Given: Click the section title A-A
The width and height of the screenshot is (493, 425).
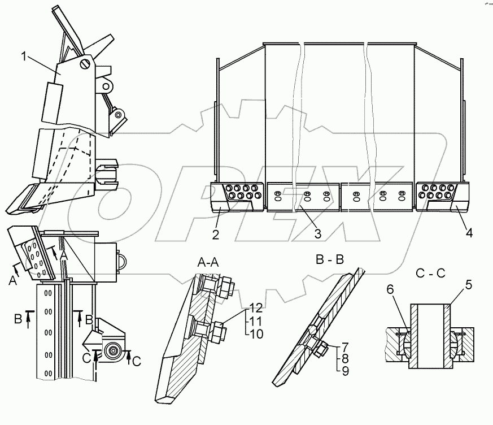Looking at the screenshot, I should click(x=208, y=262).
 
